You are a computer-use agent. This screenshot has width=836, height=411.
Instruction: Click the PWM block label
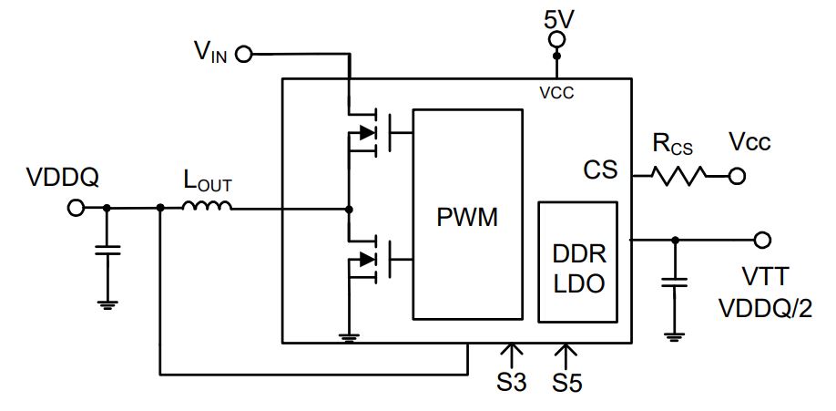click(467, 217)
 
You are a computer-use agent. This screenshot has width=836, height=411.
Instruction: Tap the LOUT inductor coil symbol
click(207, 206)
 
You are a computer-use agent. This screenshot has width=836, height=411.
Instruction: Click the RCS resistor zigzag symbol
click(678, 175)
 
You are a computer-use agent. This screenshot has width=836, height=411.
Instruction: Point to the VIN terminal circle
click(244, 54)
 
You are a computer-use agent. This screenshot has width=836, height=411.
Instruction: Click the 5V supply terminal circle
click(556, 39)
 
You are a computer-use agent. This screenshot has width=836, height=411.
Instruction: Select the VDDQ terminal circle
click(76, 208)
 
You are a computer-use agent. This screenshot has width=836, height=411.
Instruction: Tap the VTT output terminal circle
click(762, 240)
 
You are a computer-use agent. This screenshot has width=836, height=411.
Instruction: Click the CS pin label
click(600, 170)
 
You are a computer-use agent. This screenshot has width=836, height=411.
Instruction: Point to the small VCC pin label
click(556, 94)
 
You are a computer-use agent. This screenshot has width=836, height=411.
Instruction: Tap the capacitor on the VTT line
click(675, 282)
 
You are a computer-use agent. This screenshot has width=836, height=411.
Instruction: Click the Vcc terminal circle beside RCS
click(737, 176)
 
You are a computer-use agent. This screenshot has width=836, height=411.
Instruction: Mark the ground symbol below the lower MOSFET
click(350, 338)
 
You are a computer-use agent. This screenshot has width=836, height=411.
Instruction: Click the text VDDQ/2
click(765, 309)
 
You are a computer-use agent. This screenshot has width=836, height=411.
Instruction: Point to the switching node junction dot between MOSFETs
click(349, 208)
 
